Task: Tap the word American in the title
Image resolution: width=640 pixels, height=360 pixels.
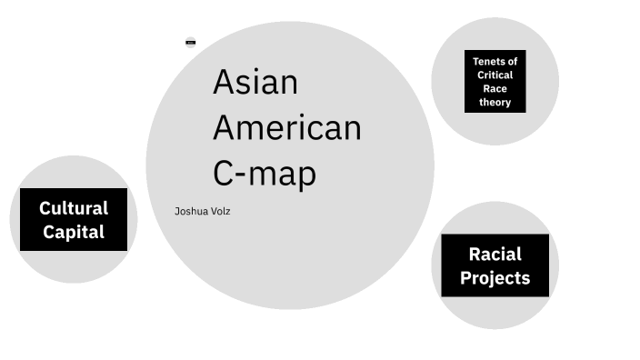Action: click(286, 128)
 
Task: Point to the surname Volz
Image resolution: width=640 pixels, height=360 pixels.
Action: click(221, 212)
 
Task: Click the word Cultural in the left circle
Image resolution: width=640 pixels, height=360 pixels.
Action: click(74, 208)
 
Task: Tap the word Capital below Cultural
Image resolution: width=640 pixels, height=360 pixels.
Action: click(74, 232)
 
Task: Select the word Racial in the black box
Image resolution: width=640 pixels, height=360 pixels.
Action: click(495, 254)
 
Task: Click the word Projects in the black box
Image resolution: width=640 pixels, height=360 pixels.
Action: click(495, 277)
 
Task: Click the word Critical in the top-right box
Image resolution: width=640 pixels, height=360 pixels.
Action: click(495, 75)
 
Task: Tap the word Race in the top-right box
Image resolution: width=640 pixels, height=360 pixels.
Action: click(495, 89)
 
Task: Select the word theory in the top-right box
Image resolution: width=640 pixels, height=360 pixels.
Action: click(495, 103)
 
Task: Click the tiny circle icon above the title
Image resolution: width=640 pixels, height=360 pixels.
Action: click(191, 42)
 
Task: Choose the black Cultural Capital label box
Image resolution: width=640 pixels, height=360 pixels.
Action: click(74, 220)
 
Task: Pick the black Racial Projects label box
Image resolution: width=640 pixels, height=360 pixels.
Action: click(495, 265)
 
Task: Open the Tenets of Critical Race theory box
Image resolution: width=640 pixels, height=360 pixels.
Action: click(495, 82)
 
